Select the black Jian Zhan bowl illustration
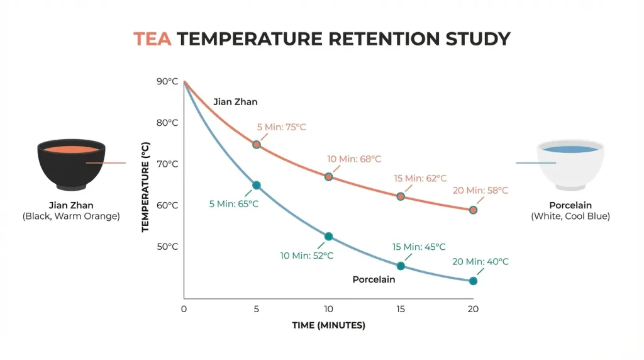[71, 164]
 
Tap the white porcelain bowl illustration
[570, 164]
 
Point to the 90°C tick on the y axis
[167, 81]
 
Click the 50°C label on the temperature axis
[167, 246]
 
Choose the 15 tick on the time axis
[401, 309]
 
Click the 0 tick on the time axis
[184, 309]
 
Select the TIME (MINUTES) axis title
[328, 325]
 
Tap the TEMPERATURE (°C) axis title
[145, 188]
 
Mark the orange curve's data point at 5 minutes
[257, 145]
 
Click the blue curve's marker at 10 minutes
[328, 237]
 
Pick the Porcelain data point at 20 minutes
[473, 281]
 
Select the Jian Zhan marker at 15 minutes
[401, 196]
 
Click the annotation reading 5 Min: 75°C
[281, 127]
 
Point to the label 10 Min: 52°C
[307, 256]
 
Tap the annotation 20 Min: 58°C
[480, 190]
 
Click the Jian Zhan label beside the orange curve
[235, 101]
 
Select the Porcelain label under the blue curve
[374, 279]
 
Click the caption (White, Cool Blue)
[570, 217]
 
